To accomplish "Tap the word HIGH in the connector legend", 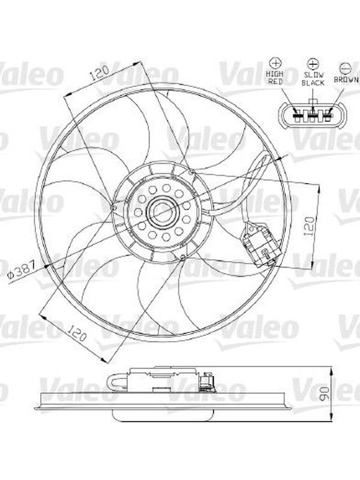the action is coord(275,74).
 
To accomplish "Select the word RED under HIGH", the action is coord(275,82).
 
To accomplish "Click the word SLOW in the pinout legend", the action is coord(313,74).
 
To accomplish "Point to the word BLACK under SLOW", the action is coord(313,83).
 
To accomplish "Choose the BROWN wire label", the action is coord(346,80).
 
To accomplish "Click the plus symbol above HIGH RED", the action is coord(275,63).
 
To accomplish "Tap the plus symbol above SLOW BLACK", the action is coord(313,64).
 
